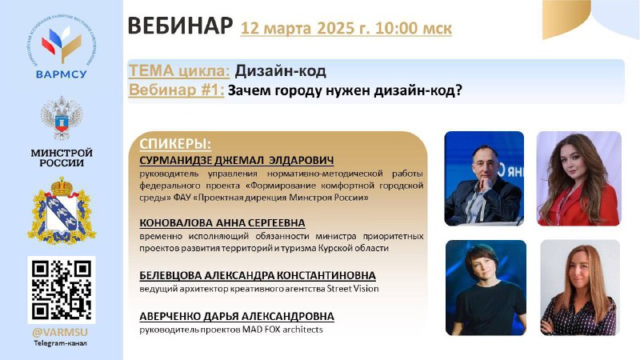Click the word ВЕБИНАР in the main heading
coord(180,26)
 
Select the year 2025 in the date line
coord(337,28)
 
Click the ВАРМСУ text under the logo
coord(62,74)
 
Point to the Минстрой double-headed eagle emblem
coord(62,118)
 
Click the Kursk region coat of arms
coord(62,210)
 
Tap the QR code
coord(62,290)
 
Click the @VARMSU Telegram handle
coord(60,333)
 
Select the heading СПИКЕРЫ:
coord(175,144)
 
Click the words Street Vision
coord(353,289)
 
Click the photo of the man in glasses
coord(484,178)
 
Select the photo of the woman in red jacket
coord(578,178)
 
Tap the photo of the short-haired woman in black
coord(486,288)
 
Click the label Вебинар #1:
coord(177,90)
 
